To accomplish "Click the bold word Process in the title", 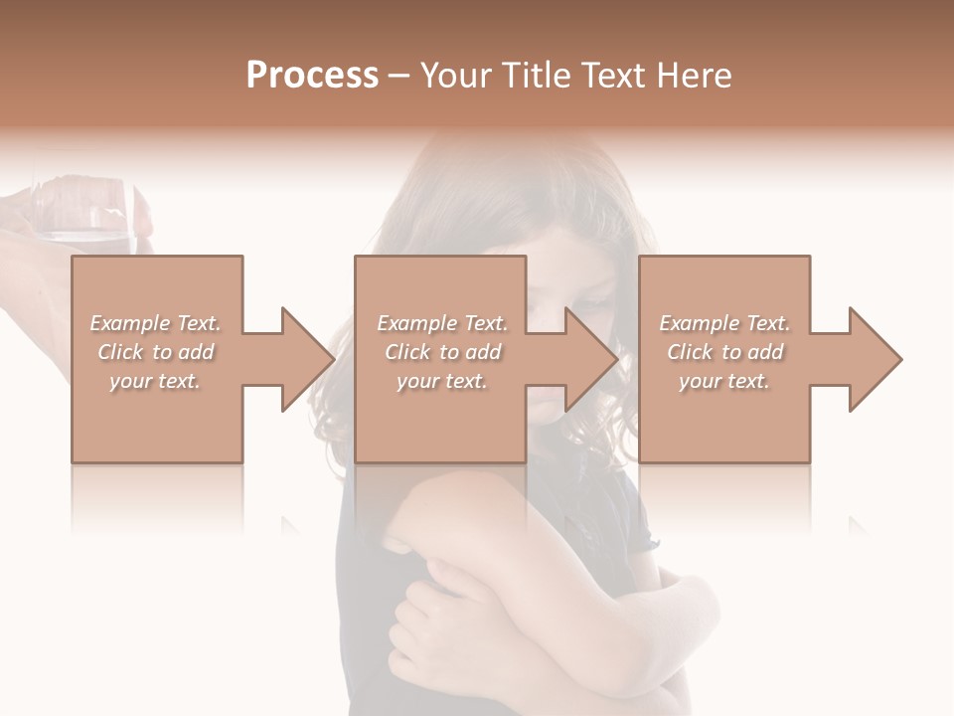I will pos(312,75).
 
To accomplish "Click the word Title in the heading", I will pos(530,75).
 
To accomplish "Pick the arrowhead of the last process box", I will pos(874,359).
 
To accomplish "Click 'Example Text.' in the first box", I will pos(155,323).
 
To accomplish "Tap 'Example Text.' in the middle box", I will pos(442,323).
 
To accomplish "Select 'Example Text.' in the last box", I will pos(724,323).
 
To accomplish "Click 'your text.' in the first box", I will pos(155,381).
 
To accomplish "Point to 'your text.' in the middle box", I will pos(442,381).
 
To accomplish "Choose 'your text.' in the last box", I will pos(724,381).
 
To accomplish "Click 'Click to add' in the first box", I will pos(155,352).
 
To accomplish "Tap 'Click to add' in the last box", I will pos(724,352).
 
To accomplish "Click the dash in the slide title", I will pos(399,76).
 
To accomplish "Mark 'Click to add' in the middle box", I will pos(442,352).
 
